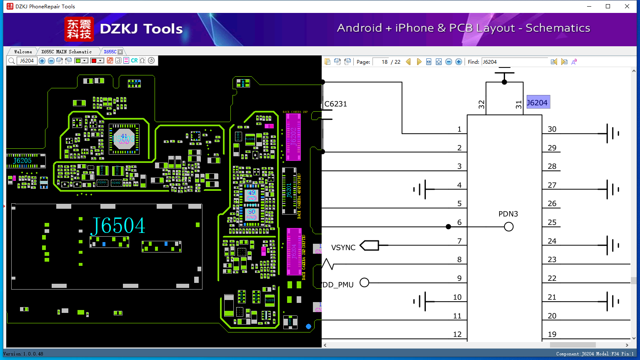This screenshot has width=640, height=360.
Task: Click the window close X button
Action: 627,6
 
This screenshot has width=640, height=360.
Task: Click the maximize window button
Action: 608,6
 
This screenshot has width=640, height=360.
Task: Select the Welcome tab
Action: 23,52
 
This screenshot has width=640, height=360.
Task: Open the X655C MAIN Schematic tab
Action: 66,52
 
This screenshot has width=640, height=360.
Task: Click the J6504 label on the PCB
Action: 118,226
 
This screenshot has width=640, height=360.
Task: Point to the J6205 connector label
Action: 22,160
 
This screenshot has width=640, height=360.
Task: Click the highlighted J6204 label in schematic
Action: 538,102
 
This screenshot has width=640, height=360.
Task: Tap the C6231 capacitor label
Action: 336,104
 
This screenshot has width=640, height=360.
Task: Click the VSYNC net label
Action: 343,247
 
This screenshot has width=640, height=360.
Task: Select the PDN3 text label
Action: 508,214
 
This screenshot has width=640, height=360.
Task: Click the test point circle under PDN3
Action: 508,227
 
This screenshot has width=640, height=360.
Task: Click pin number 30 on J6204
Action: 552,129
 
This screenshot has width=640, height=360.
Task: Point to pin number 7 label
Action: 459,241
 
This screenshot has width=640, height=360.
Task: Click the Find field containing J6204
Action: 515,62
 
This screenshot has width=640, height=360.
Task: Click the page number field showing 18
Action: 381,62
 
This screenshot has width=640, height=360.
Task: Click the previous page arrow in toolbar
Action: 408,62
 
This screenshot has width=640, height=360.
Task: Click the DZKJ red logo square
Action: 79,29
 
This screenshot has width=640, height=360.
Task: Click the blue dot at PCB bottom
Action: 308,326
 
